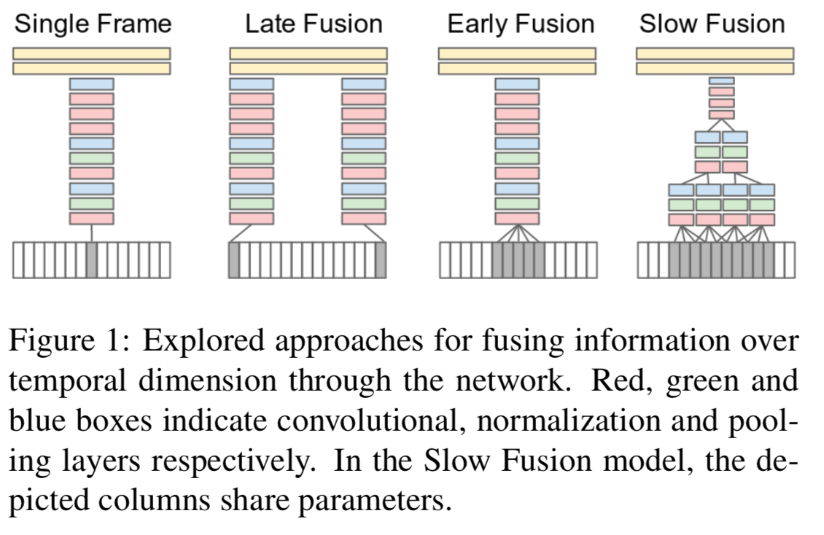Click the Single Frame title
tap(93, 24)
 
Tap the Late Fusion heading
tap(314, 24)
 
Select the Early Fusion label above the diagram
tap(521, 24)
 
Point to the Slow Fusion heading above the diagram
tap(712, 24)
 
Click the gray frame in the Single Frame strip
tap(92, 260)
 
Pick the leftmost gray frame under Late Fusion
tap(234, 260)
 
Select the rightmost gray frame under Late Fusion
tap(381, 260)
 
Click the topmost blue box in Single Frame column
tap(91, 84)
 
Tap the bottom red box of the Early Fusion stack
tap(517, 219)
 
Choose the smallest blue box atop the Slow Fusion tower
tap(721, 81)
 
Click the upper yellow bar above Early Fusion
tap(517, 53)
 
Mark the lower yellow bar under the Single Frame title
tap(91, 69)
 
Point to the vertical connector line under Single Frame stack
tap(92, 233)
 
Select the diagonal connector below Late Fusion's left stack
tap(241, 234)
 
